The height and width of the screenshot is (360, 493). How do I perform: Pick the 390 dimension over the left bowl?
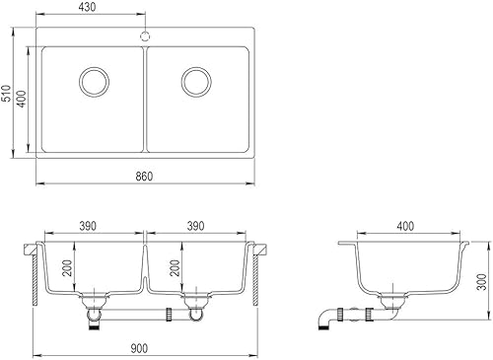[89, 226]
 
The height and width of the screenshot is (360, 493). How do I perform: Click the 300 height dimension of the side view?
[480, 282]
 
